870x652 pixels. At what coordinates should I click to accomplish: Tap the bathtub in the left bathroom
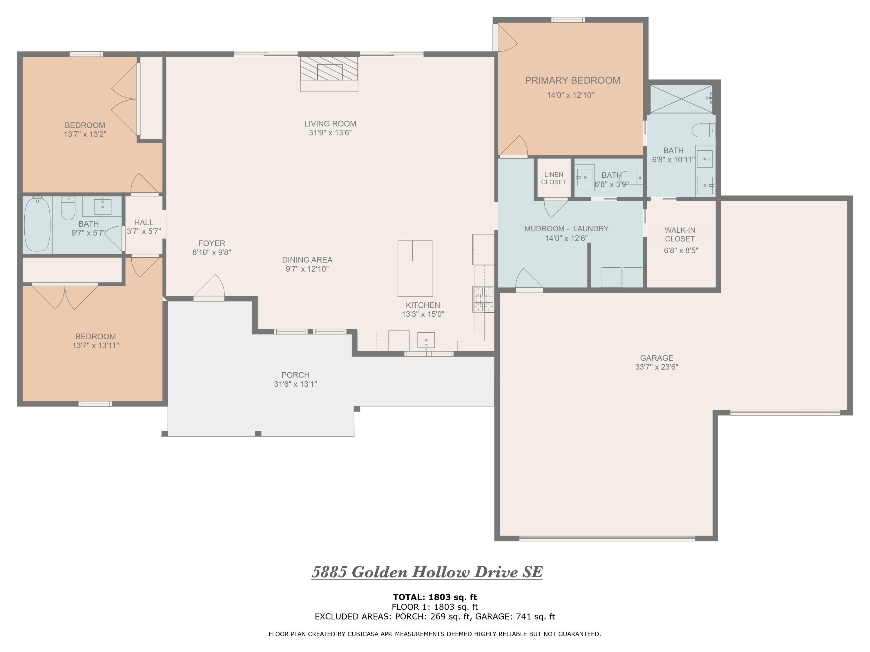coord(37,224)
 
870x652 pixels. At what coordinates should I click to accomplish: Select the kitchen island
coord(415,268)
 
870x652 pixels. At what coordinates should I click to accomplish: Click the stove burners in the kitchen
coord(483,299)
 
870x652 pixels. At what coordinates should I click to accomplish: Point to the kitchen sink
coord(426,340)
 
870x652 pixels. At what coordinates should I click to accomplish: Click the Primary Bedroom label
coord(572,81)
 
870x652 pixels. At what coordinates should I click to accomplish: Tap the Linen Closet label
coord(554,179)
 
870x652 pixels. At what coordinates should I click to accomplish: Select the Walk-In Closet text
coord(680,235)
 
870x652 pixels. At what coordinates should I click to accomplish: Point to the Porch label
coord(296,375)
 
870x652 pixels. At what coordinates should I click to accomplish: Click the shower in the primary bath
coord(681,99)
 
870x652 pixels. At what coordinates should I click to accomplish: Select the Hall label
coord(144,223)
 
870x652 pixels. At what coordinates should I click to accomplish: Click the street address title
coord(427,572)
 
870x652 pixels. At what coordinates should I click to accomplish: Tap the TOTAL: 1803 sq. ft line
coord(435,597)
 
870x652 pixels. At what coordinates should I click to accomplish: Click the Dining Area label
coord(307,260)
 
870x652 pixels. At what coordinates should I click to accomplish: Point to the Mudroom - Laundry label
coord(566,229)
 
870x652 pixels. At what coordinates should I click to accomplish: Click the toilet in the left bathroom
coord(68,208)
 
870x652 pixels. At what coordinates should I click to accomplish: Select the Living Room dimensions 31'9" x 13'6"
coord(330,133)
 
